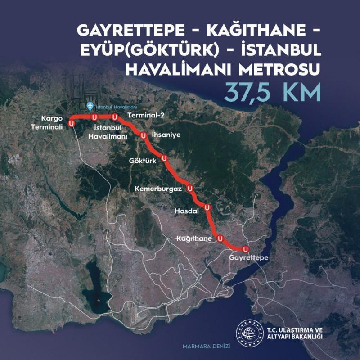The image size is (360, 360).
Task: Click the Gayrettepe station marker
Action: (245, 249)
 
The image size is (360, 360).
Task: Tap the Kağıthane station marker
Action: (220, 238)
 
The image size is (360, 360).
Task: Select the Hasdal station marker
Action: (207, 207)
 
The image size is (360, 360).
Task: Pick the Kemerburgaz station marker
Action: (190, 188)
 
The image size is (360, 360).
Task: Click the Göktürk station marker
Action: (164, 158)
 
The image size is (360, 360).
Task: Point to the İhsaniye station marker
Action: (143, 135)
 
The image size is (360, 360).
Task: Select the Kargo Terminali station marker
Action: (71, 122)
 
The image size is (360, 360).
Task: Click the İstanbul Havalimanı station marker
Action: (94, 117)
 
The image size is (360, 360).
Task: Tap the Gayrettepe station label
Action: (248, 258)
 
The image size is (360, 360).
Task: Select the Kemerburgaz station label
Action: (158, 189)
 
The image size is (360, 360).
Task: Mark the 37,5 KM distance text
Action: (274, 92)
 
